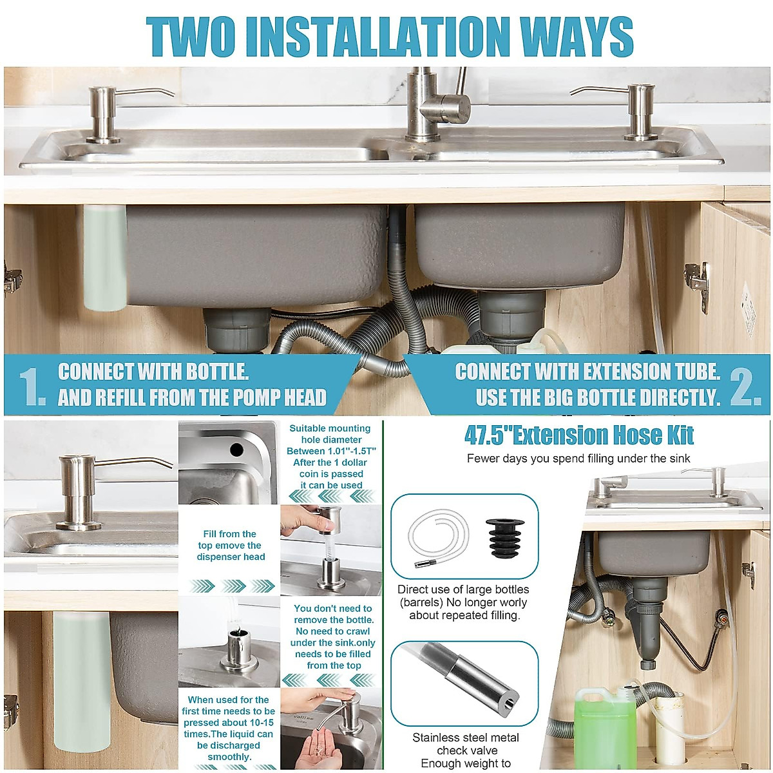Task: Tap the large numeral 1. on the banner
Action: point(32,386)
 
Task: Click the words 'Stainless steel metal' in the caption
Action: point(466,738)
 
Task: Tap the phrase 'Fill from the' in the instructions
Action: point(229,534)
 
